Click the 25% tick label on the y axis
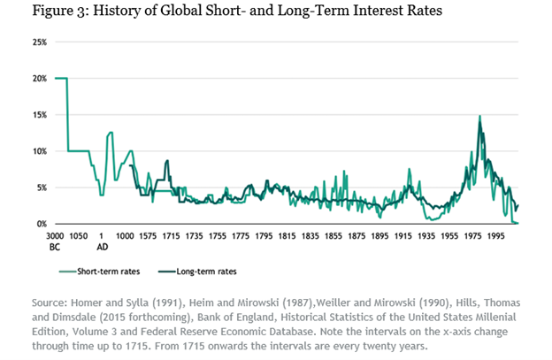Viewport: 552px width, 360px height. [40, 42]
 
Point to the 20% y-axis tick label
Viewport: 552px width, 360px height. [40, 79]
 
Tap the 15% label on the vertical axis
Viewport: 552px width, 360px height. [40, 115]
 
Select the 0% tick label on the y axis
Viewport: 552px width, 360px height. [42, 225]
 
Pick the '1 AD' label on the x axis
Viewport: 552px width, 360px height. [102, 241]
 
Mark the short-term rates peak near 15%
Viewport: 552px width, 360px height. [479, 116]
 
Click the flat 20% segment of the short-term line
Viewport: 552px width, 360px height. [60, 79]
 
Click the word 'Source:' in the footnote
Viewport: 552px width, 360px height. [50, 301]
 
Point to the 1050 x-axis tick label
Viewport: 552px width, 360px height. [78, 236]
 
